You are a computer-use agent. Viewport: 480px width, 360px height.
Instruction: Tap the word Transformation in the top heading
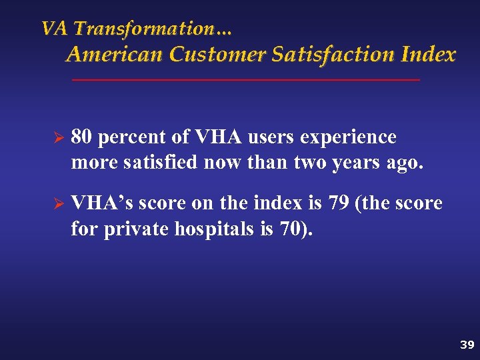(153, 29)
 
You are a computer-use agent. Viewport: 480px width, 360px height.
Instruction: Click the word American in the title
(115, 55)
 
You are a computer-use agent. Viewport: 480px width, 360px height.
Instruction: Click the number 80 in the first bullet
(82, 137)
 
